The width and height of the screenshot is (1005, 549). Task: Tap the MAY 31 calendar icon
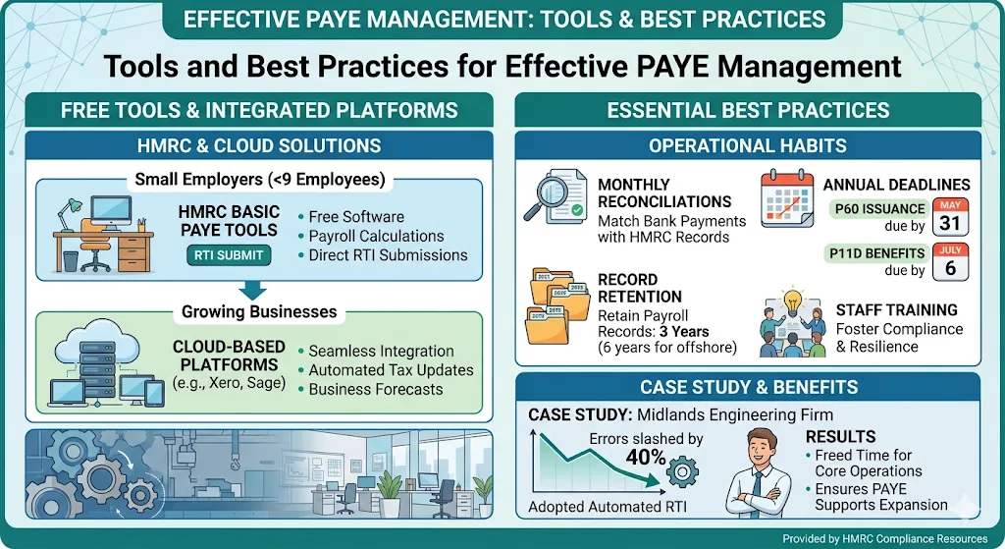[950, 217]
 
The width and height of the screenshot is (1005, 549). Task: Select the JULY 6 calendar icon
[950, 262]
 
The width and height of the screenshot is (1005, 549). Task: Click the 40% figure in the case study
[645, 458]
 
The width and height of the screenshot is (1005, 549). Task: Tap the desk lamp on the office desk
[72, 209]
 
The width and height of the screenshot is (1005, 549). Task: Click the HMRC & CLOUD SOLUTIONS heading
[257, 146]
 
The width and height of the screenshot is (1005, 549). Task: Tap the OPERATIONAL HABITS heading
[747, 146]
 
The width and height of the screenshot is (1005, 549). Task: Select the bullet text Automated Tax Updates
[391, 370]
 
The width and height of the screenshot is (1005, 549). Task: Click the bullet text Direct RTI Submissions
[388, 254]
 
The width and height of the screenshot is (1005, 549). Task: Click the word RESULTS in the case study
[839, 436]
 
